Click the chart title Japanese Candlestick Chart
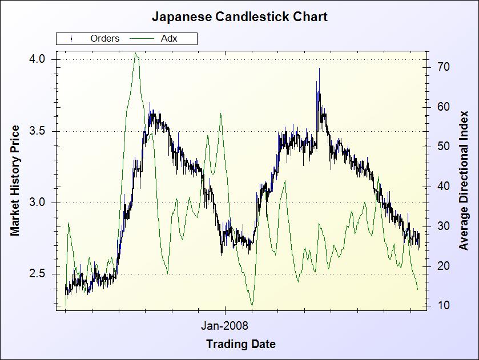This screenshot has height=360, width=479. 240,17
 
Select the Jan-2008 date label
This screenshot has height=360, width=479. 225,326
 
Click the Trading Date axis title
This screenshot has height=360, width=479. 240,344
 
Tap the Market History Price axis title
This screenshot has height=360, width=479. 15,180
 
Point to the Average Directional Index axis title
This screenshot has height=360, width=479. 464,180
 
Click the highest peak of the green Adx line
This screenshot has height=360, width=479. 135,54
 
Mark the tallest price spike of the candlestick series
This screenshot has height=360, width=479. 319,68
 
